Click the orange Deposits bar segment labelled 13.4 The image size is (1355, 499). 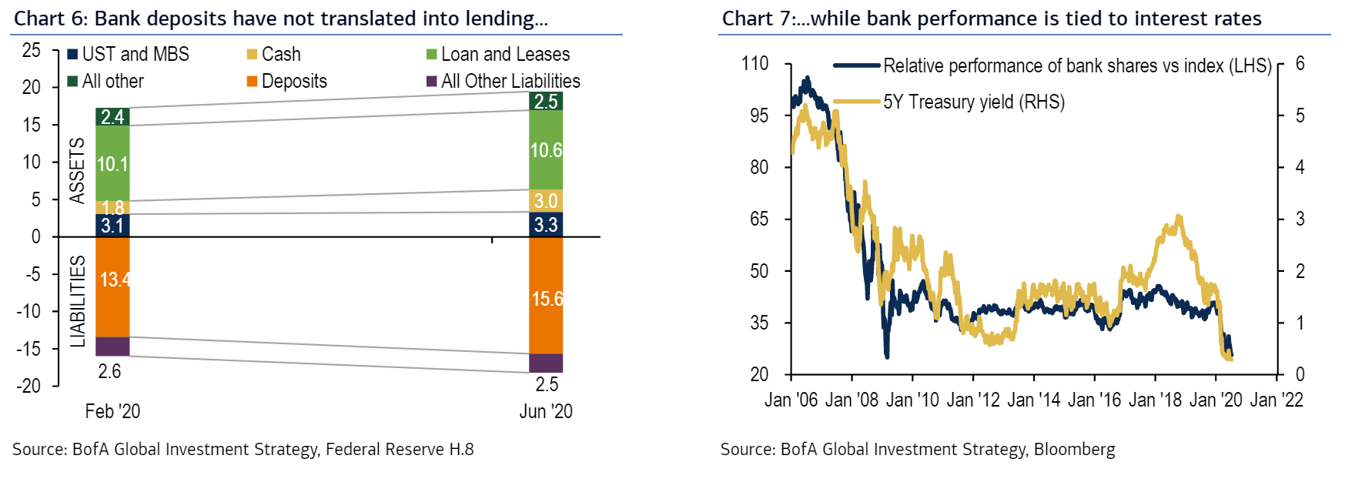(x=112, y=286)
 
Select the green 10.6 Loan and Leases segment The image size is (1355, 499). (x=546, y=150)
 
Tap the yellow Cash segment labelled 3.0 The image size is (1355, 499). (x=546, y=201)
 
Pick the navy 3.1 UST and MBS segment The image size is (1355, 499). (x=112, y=226)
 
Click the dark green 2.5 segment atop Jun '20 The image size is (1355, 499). (x=546, y=101)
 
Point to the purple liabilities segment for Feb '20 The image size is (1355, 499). (x=112, y=347)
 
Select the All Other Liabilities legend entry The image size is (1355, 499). (x=504, y=82)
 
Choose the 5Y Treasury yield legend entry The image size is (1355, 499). (x=973, y=102)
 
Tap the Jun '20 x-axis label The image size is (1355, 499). (x=546, y=411)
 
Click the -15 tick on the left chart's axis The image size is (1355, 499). (x=32, y=349)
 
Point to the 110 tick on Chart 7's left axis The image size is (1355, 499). (x=755, y=64)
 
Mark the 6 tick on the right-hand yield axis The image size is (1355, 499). (x=1300, y=64)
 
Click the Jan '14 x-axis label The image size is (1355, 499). (x=1033, y=400)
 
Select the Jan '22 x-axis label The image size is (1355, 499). (x=1276, y=400)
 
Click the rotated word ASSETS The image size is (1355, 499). (x=77, y=170)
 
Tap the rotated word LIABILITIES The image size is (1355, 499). (x=78, y=301)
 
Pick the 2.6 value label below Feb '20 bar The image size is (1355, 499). (x=109, y=371)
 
